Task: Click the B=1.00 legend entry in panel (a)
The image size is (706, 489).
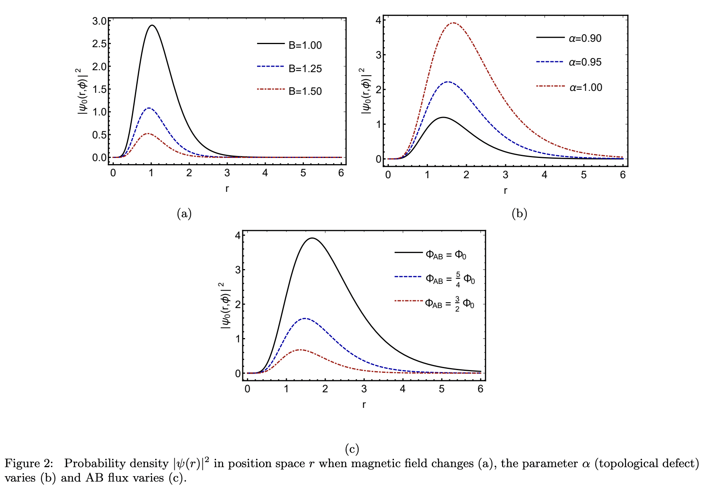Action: click(x=305, y=45)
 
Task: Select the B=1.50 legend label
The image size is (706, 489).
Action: click(x=305, y=91)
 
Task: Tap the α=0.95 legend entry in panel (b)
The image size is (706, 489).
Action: click(x=585, y=62)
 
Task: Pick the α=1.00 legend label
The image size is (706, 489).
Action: click(x=585, y=87)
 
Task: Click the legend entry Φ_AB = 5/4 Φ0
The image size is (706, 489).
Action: click(x=450, y=279)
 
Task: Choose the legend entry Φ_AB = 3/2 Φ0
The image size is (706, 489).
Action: click(x=449, y=303)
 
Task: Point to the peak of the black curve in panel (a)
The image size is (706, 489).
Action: click(x=152, y=26)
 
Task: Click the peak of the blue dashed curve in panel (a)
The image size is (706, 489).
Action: click(x=148, y=108)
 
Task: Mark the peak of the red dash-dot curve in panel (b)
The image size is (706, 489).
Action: click(x=453, y=23)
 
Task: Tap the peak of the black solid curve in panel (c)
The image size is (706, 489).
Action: click(x=312, y=238)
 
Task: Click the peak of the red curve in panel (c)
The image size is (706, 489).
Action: click(x=300, y=350)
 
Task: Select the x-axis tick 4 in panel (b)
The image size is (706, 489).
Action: click(x=544, y=175)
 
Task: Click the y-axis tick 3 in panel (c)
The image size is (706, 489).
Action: click(x=237, y=269)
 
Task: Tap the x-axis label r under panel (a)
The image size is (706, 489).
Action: click(x=227, y=189)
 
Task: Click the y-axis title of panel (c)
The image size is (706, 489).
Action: click(x=225, y=306)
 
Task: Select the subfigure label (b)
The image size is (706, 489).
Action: click(x=519, y=213)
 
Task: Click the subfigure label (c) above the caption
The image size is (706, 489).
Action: click(x=352, y=449)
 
